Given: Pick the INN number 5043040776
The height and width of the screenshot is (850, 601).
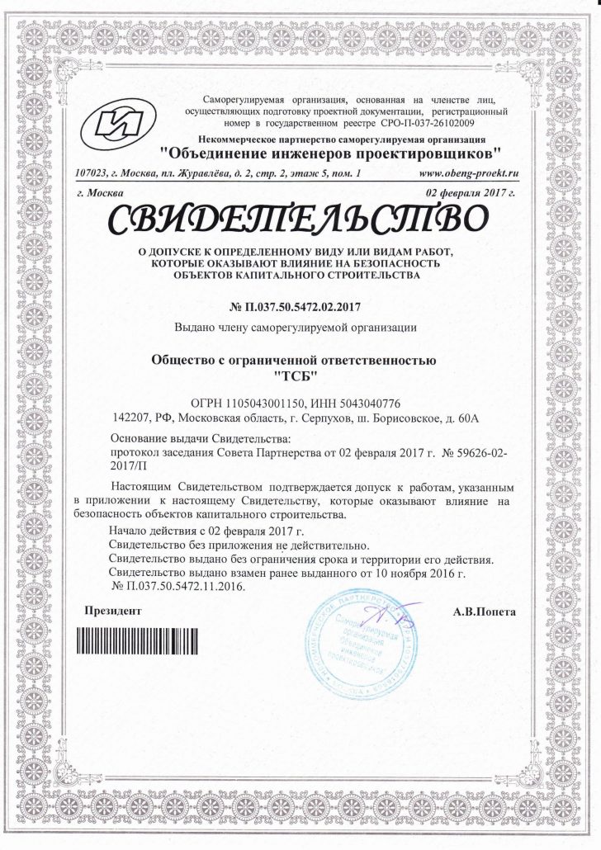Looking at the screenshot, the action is coord(365,403).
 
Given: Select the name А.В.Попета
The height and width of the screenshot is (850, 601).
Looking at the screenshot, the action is coord(485,612).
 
